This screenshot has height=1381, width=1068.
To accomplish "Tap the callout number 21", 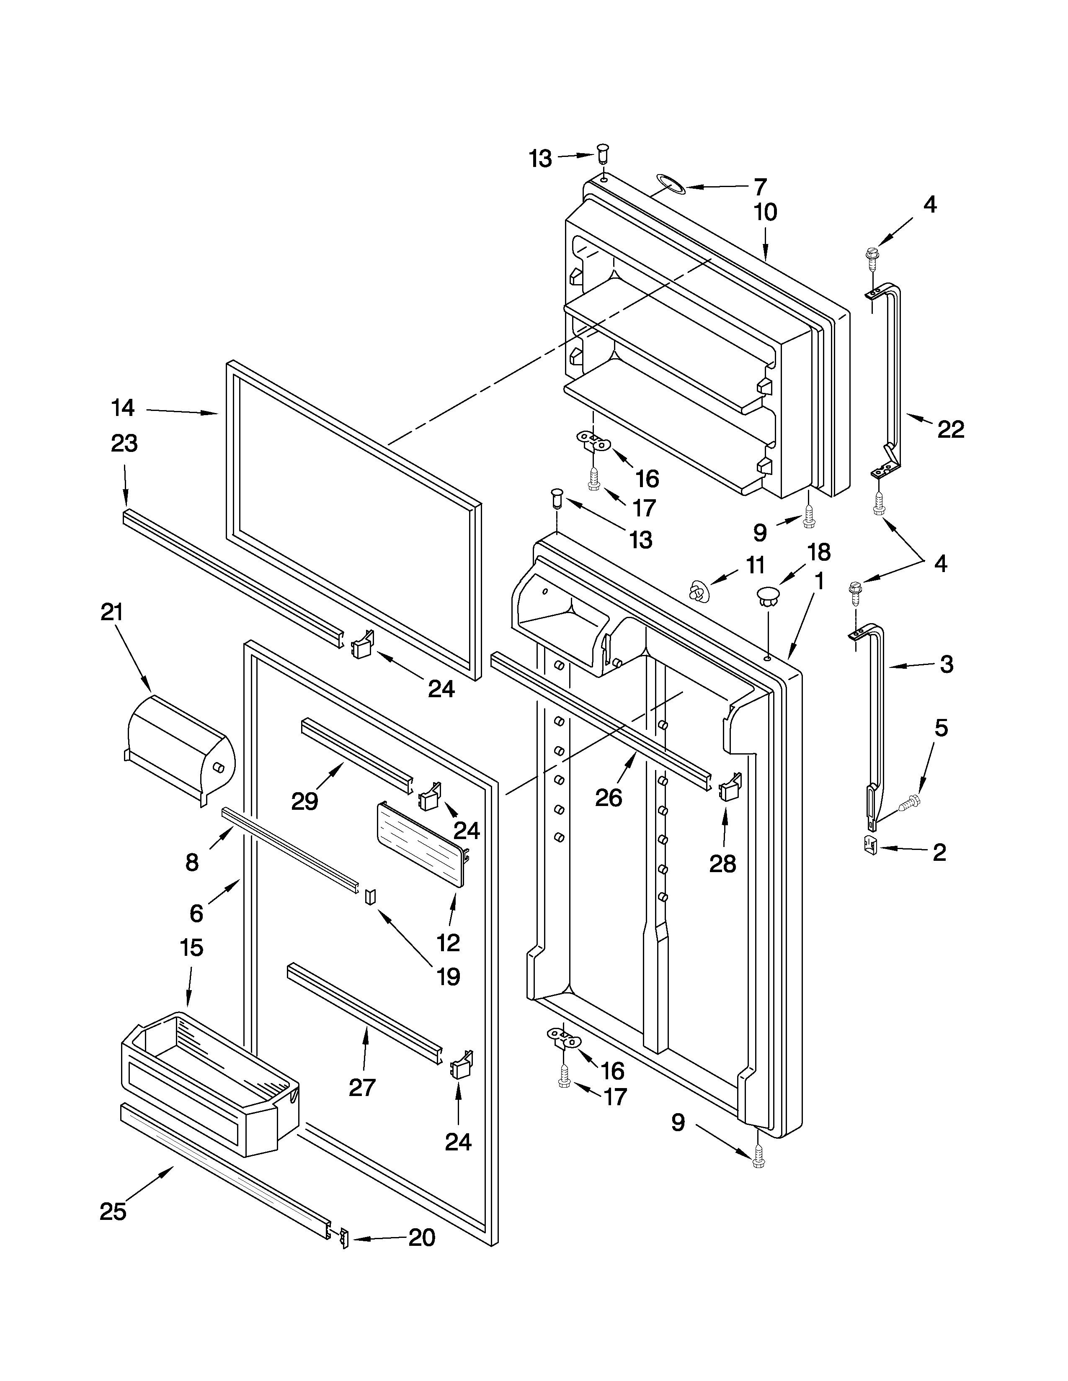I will (x=112, y=612).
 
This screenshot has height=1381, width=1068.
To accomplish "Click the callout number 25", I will (x=113, y=1229).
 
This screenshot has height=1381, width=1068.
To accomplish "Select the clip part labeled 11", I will (x=697, y=592).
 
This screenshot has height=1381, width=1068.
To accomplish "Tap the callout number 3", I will (x=947, y=664).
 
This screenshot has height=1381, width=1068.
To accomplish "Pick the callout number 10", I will (x=766, y=213).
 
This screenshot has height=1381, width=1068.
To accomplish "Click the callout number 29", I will (x=304, y=802).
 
